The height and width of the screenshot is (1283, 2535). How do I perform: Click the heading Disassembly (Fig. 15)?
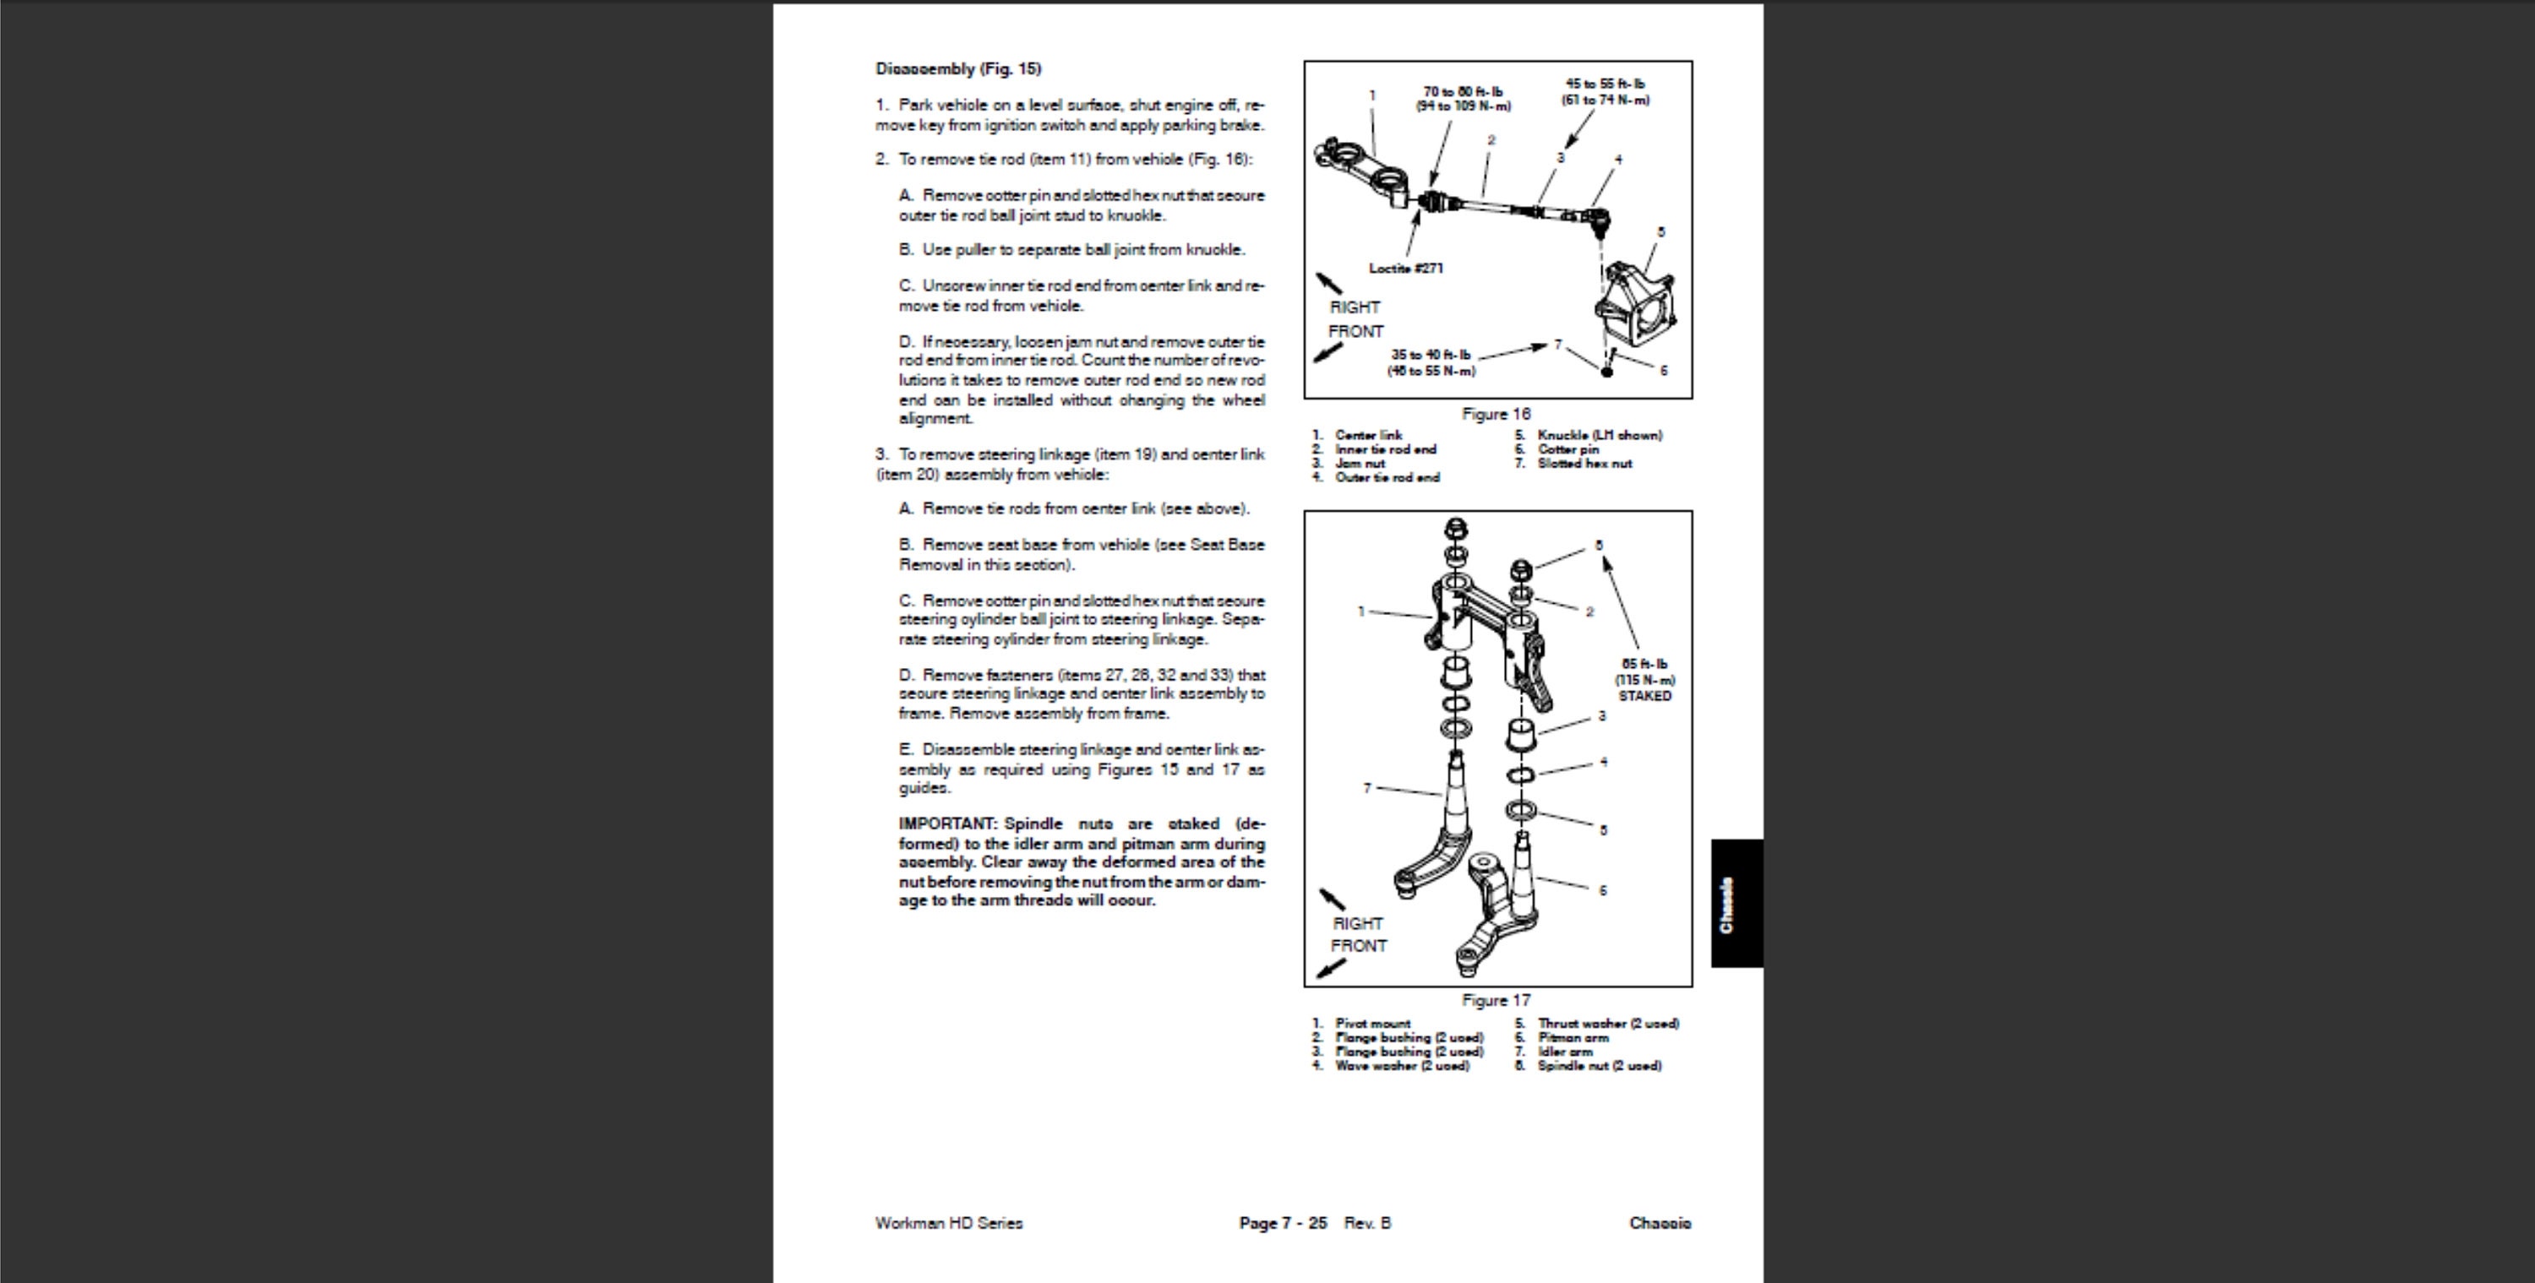coord(957,69)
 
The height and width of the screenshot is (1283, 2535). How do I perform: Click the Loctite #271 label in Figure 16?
coord(1405,268)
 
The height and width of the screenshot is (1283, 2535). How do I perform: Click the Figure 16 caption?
coord(1496,414)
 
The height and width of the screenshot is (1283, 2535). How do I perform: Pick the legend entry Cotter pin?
coord(1567,449)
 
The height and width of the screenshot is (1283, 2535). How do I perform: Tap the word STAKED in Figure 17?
coord(1644,696)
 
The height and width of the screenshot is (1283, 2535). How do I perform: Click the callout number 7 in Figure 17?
coord(1367,788)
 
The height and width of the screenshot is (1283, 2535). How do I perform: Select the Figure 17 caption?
coord(1496,1001)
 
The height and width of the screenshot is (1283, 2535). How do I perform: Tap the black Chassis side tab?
coord(1736,903)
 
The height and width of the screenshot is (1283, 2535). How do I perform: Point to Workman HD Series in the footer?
coord(949,1223)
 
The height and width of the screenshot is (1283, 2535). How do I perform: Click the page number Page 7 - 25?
coord(1282,1223)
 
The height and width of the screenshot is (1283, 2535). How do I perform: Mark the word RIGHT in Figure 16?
coord(1354,307)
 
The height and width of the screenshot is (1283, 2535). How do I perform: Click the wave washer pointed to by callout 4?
coord(1520,775)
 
